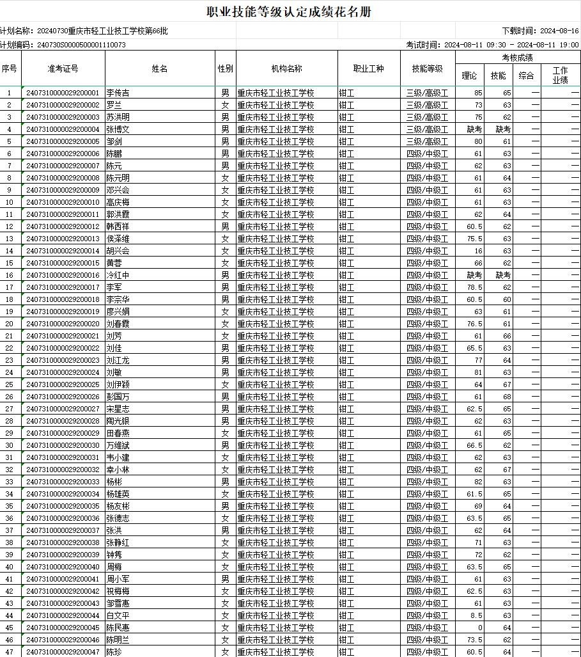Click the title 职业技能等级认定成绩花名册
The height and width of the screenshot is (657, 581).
[290, 12]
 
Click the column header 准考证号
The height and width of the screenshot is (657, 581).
[63, 68]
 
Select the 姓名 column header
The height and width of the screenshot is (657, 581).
[160, 68]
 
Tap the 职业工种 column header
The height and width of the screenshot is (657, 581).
[369, 68]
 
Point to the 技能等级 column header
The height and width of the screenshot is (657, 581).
[428, 68]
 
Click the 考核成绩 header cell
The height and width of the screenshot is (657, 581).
[517, 58]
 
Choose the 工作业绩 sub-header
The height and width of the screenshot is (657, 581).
[560, 75]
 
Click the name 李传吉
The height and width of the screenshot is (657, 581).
[118, 93]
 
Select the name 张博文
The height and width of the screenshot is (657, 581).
[118, 129]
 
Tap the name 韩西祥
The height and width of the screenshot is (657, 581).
[118, 226]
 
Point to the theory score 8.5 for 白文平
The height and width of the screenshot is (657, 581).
[476, 615]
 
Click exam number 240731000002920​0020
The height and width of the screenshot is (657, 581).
[63, 324]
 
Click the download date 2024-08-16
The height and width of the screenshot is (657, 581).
[559, 31]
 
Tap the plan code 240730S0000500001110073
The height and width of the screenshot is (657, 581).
[81, 45]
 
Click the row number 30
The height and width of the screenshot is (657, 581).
[10, 445]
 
